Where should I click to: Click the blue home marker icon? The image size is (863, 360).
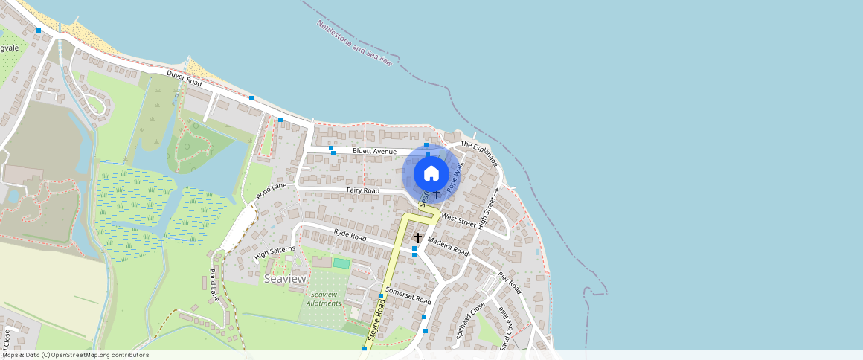tap(431, 174)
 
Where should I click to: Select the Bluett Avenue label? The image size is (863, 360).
tap(375, 151)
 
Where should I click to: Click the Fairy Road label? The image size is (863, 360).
tap(363, 191)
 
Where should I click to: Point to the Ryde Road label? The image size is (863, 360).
tap(350, 237)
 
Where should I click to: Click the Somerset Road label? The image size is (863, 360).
tap(408, 295)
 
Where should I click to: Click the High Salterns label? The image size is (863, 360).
tap(275, 254)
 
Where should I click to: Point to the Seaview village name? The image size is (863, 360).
tap(284, 278)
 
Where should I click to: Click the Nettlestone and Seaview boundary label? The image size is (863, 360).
tap(354, 44)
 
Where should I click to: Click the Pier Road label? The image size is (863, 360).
tap(510, 283)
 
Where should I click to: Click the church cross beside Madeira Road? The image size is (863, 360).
tap(418, 238)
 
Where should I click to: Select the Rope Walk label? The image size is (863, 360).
tap(455, 179)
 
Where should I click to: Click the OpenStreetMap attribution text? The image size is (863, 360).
tap(75, 355)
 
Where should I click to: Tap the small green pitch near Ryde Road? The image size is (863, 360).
tap(341, 263)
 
